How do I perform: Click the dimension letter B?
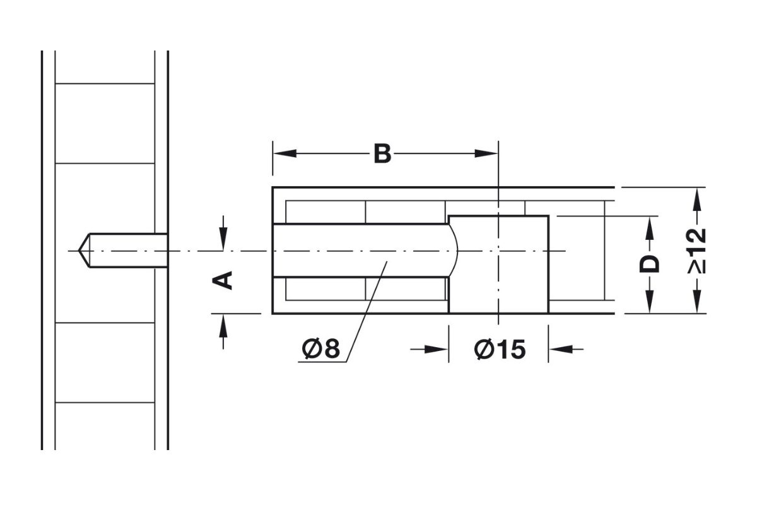[382, 153]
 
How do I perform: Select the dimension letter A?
[223, 279]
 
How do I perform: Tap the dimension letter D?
[649, 264]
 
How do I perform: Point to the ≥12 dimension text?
[696, 250]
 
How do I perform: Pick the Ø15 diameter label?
[500, 348]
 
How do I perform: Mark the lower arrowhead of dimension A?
[223, 323]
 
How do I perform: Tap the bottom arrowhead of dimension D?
[649, 304]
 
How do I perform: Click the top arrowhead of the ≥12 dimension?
[696, 197]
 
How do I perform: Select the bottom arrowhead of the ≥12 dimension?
[696, 304]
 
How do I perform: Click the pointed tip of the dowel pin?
[80, 251]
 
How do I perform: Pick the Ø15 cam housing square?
[498, 264]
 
